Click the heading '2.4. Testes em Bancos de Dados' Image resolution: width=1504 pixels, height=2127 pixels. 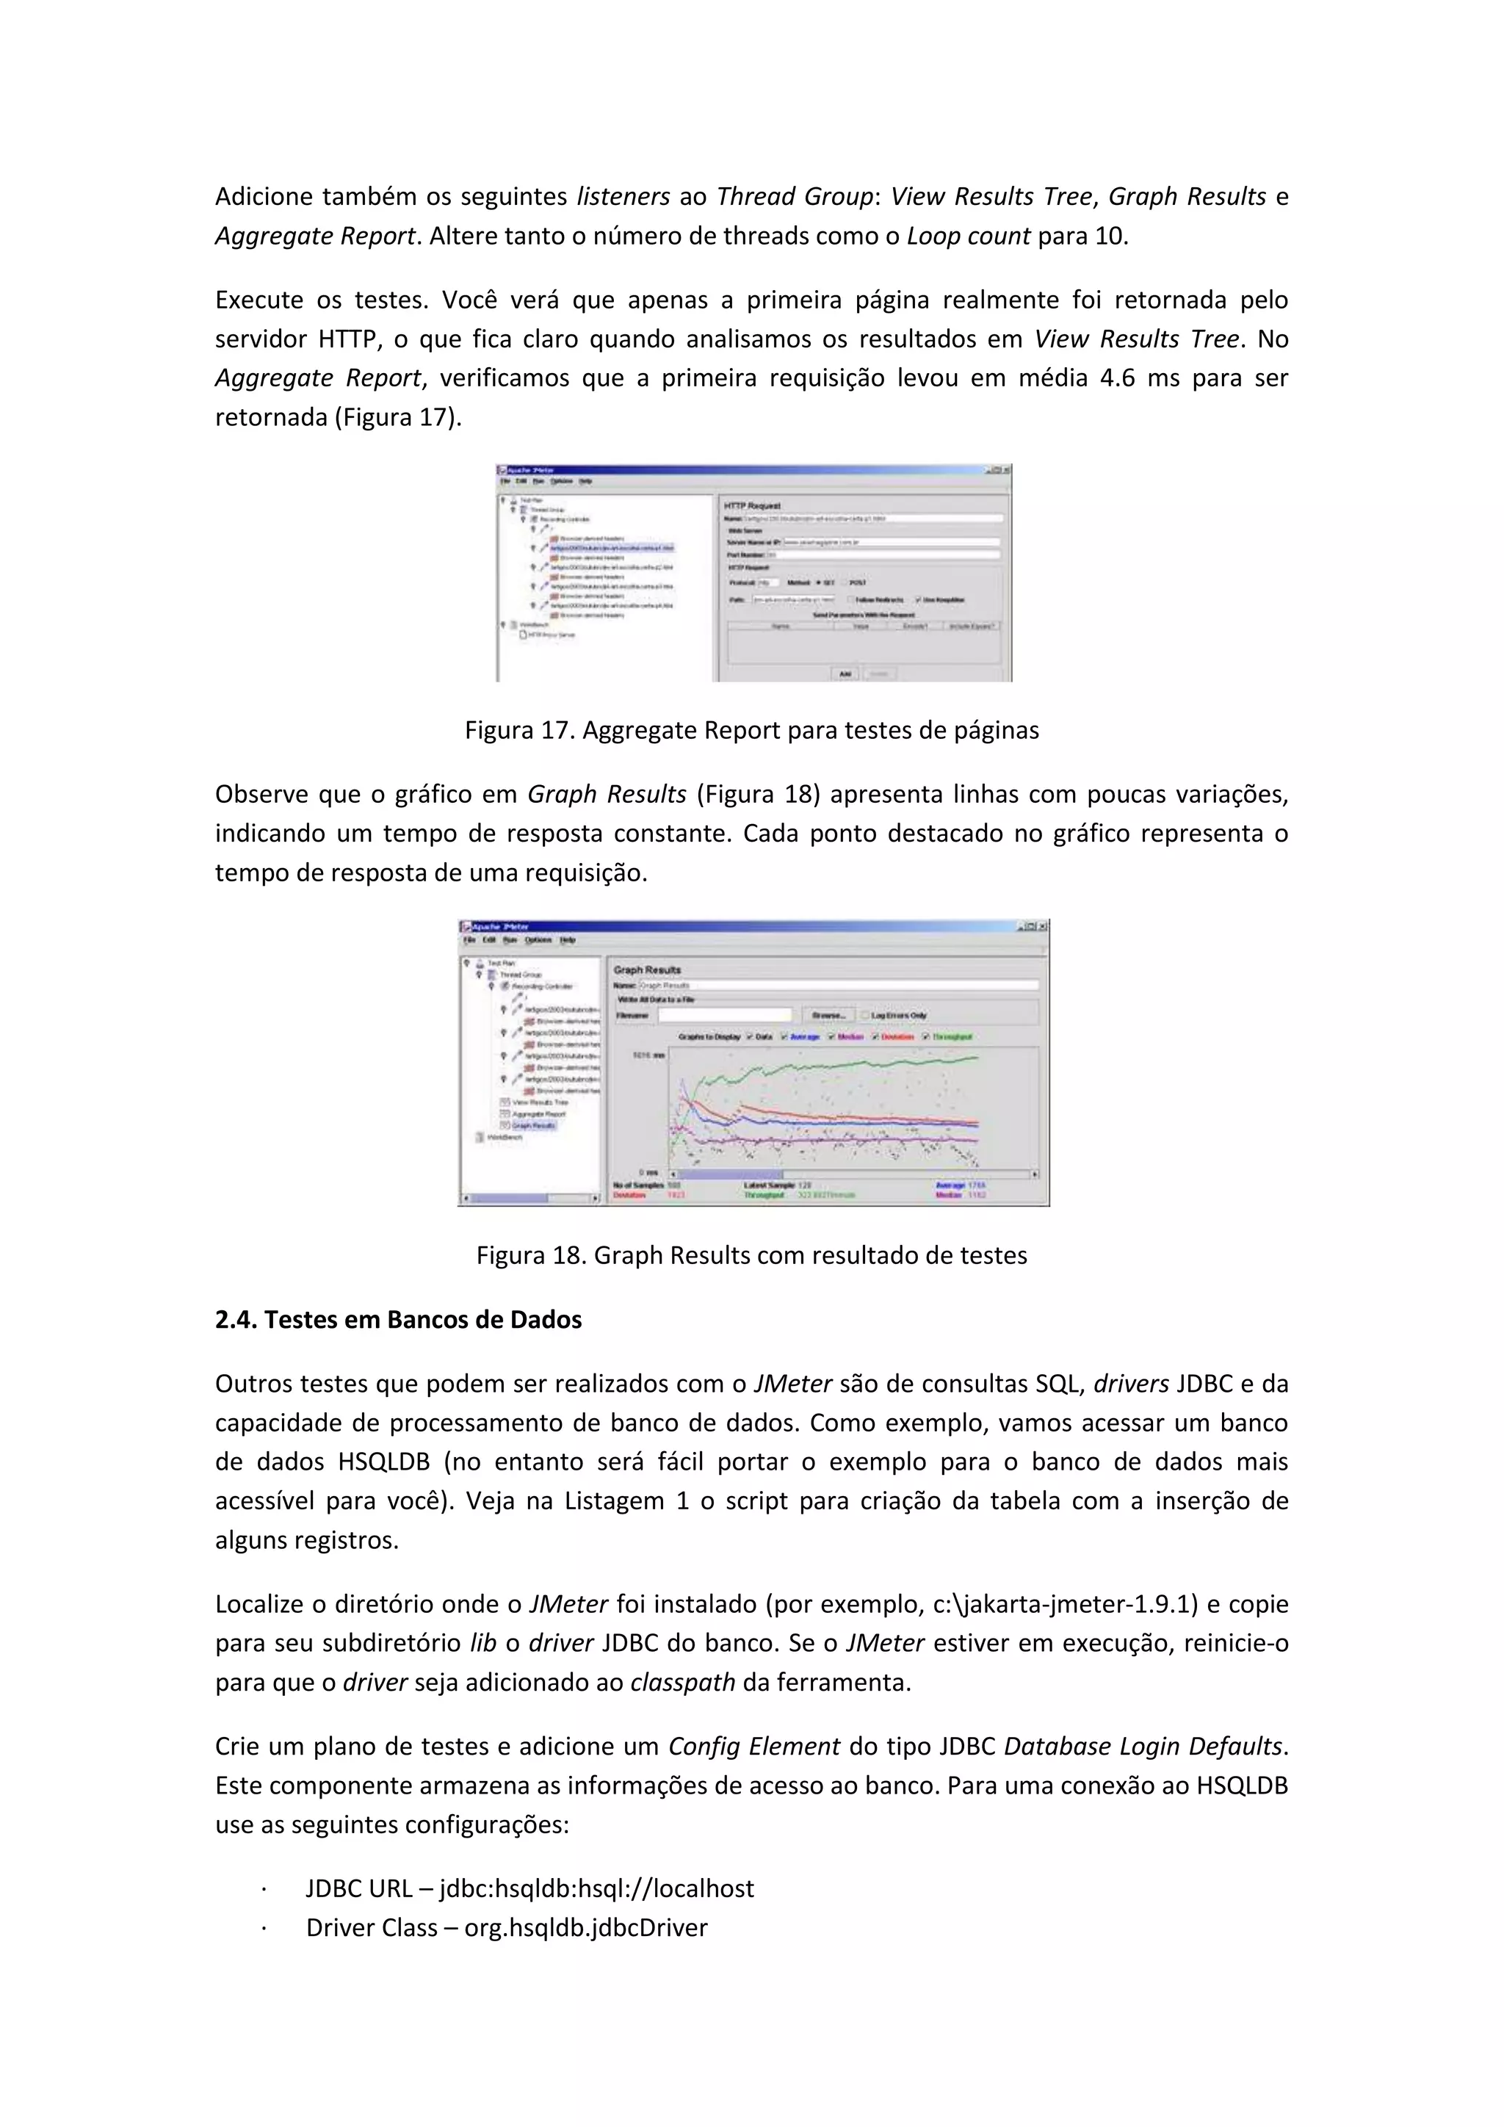tap(398, 1320)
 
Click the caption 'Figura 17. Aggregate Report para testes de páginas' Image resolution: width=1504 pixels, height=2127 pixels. tap(751, 731)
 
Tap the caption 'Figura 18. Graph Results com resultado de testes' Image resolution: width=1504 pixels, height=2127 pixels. tap(751, 1255)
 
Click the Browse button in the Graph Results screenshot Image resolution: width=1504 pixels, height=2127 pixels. tap(826, 1015)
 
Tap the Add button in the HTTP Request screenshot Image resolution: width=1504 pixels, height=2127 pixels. tap(845, 674)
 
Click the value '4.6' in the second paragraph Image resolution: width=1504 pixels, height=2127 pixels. tap(1117, 378)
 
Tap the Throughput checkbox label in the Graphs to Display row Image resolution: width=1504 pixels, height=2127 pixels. tap(951, 1036)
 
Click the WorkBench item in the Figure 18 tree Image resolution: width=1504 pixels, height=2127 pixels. tap(505, 1137)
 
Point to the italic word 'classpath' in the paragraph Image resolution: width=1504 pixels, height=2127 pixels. tap(682, 1683)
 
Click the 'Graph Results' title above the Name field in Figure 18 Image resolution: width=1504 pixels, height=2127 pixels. tap(647, 970)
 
